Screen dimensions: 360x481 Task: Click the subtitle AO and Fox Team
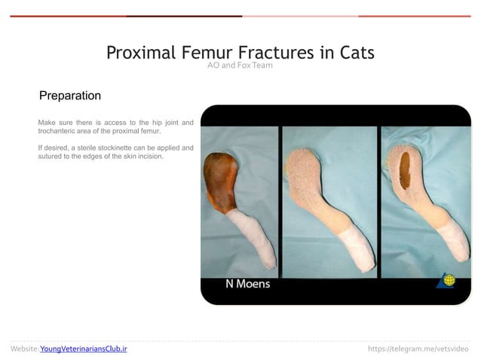(240, 66)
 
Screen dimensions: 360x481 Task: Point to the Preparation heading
(70, 96)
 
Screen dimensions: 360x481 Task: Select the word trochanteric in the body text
(61, 131)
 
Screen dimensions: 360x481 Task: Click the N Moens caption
(247, 284)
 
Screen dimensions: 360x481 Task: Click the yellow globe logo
(449, 280)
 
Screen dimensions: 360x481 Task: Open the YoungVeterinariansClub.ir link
(83, 349)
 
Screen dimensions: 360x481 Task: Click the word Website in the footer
(23, 349)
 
